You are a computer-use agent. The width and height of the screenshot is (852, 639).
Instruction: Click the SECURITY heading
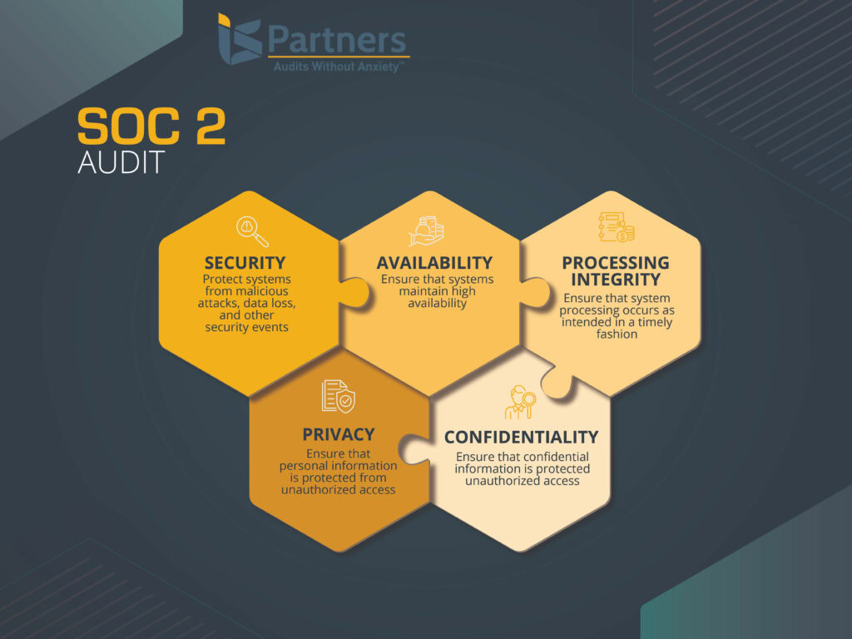click(x=245, y=263)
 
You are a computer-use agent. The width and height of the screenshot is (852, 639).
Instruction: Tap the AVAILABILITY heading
click(x=434, y=263)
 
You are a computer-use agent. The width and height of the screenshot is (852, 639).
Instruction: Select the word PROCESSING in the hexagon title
click(x=615, y=263)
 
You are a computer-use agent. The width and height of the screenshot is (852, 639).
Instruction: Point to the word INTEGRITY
click(x=615, y=280)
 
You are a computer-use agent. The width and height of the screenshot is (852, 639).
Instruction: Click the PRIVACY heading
click(x=338, y=434)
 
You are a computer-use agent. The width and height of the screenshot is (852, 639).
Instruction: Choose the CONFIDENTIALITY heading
click(x=521, y=437)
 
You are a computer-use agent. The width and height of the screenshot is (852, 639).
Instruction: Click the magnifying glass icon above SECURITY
click(x=250, y=230)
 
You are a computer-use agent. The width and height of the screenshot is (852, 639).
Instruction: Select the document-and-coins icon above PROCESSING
click(x=616, y=227)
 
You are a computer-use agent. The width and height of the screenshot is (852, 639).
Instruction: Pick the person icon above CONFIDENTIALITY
click(x=521, y=401)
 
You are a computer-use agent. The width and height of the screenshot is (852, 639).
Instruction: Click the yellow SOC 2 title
click(x=151, y=128)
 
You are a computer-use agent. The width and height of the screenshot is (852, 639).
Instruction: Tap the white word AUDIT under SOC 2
click(x=121, y=162)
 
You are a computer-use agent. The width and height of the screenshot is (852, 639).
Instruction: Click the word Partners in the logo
click(x=336, y=40)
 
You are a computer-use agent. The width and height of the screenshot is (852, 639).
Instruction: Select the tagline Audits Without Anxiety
click(x=339, y=66)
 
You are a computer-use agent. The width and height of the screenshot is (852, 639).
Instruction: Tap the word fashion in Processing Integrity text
click(x=616, y=334)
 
